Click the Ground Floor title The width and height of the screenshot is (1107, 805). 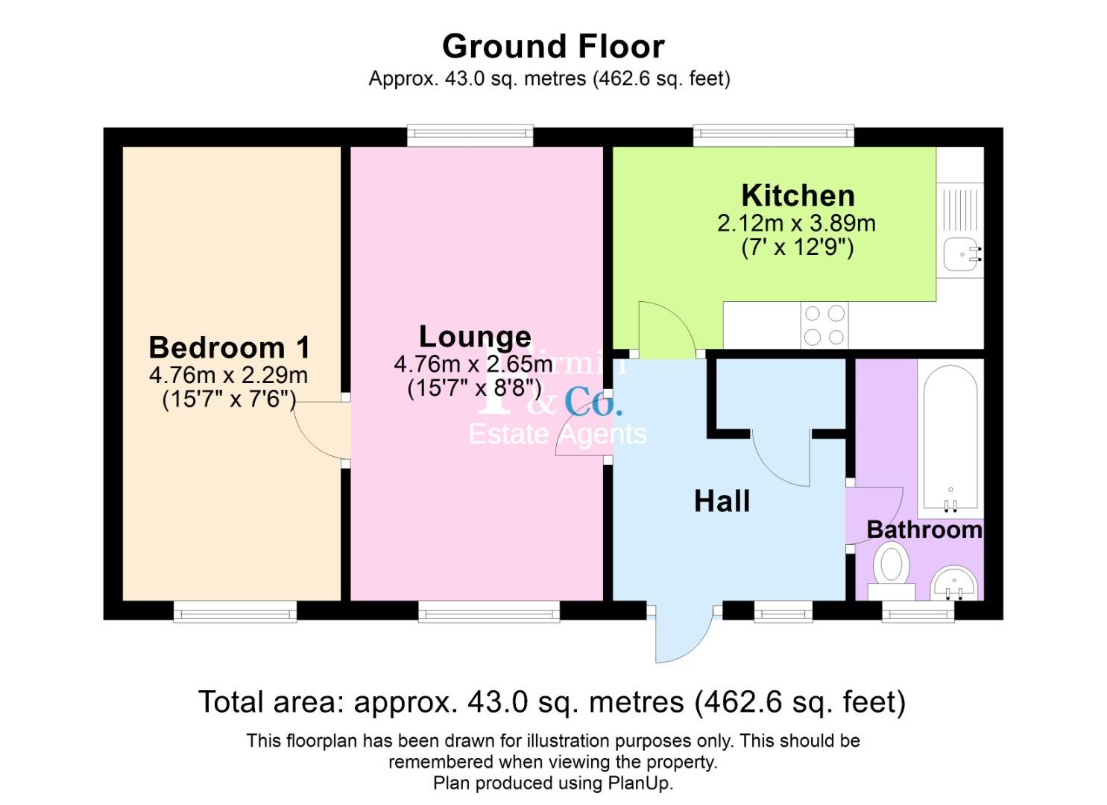[552, 46]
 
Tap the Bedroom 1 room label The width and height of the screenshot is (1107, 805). [229, 348]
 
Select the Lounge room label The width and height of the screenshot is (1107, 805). [475, 337]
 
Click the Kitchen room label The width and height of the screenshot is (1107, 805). [798, 196]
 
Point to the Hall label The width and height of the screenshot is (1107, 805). [722, 502]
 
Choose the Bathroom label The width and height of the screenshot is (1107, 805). [924, 530]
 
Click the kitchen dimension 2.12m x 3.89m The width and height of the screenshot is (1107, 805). [796, 223]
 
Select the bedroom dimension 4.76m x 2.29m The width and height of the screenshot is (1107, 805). [228, 375]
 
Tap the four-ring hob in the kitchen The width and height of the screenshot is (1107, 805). [824, 326]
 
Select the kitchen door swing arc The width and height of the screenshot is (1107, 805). [666, 328]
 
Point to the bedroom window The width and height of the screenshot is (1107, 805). [235, 612]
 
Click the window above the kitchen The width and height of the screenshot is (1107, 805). [773, 136]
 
